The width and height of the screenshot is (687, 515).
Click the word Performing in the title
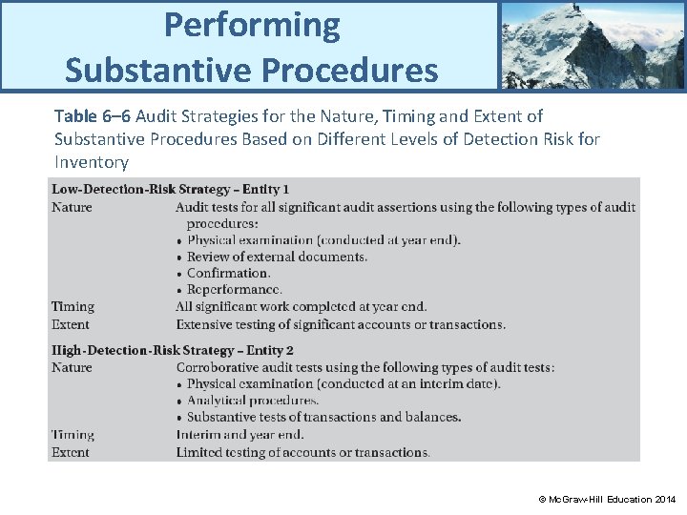click(251, 25)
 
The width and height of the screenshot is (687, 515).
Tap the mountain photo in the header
click(592, 45)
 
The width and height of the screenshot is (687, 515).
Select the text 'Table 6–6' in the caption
click(93, 116)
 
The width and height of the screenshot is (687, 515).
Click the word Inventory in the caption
click(92, 162)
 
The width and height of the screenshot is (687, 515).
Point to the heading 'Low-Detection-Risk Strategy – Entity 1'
click(171, 190)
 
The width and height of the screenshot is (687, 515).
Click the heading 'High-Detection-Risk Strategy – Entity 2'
click(173, 350)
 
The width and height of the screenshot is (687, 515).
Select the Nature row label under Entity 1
click(72, 207)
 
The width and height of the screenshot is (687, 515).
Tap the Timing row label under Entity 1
click(73, 307)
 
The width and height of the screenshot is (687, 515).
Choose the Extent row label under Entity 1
click(72, 324)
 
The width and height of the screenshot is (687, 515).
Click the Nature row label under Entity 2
click(72, 367)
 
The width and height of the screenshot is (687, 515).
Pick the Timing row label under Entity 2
click(73, 435)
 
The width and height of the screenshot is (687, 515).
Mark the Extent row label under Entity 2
click(71, 452)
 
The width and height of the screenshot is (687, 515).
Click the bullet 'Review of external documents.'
click(276, 257)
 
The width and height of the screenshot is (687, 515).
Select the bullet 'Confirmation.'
click(228, 273)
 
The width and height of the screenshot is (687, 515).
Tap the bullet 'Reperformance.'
click(234, 289)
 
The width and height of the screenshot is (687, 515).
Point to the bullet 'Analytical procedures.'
click(252, 401)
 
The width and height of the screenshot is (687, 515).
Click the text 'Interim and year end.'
click(239, 435)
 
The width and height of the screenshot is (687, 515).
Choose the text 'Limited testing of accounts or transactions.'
click(302, 452)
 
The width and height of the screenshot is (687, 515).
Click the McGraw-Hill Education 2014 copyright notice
click(606, 499)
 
